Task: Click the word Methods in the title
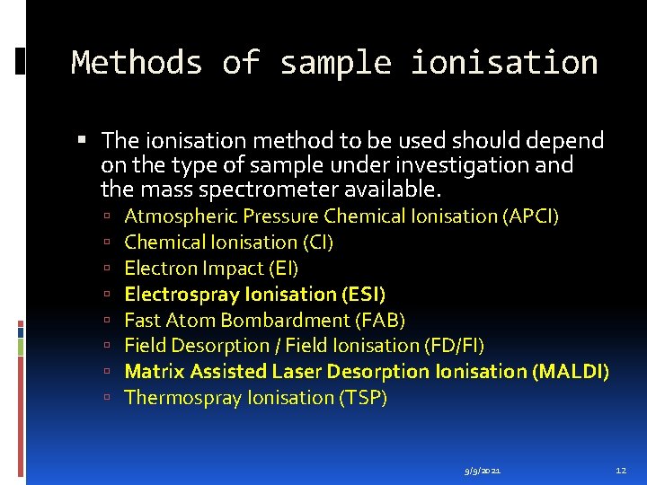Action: (137, 63)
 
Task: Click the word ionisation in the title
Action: (504, 63)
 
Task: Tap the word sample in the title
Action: (335, 63)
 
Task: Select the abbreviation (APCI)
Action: (531, 216)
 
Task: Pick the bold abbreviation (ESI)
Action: (363, 295)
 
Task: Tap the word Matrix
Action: (153, 372)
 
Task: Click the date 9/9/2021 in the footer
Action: (483, 470)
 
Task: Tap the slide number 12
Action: (621, 470)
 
